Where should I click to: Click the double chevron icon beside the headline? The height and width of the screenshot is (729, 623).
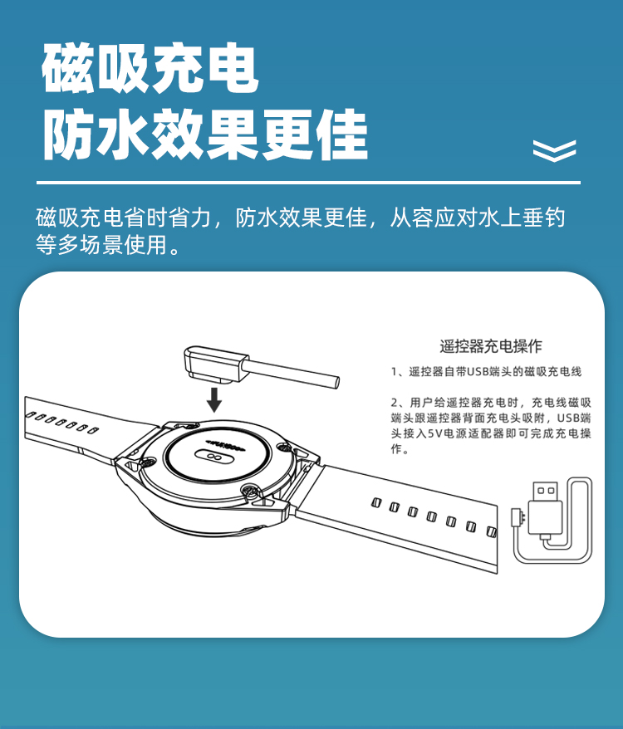tap(555, 150)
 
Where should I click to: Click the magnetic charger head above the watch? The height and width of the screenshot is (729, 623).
tap(213, 364)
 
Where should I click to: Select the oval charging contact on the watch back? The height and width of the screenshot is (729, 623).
tap(214, 457)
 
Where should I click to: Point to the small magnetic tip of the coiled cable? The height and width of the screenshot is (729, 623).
tap(517, 517)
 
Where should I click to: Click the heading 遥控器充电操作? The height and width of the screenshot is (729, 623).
tap(491, 346)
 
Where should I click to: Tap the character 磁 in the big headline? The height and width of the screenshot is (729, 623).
tap(68, 68)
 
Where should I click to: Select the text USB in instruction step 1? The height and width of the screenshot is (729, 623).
tap(477, 371)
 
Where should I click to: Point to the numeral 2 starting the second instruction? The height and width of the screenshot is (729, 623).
tap(394, 403)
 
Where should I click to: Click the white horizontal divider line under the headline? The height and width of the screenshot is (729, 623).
tap(308, 183)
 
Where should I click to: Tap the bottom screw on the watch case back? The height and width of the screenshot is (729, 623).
tap(250, 490)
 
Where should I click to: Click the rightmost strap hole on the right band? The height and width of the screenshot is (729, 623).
tap(491, 531)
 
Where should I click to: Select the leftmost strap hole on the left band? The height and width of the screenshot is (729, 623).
tap(31, 414)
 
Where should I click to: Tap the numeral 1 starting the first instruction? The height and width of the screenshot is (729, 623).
tap(394, 372)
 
